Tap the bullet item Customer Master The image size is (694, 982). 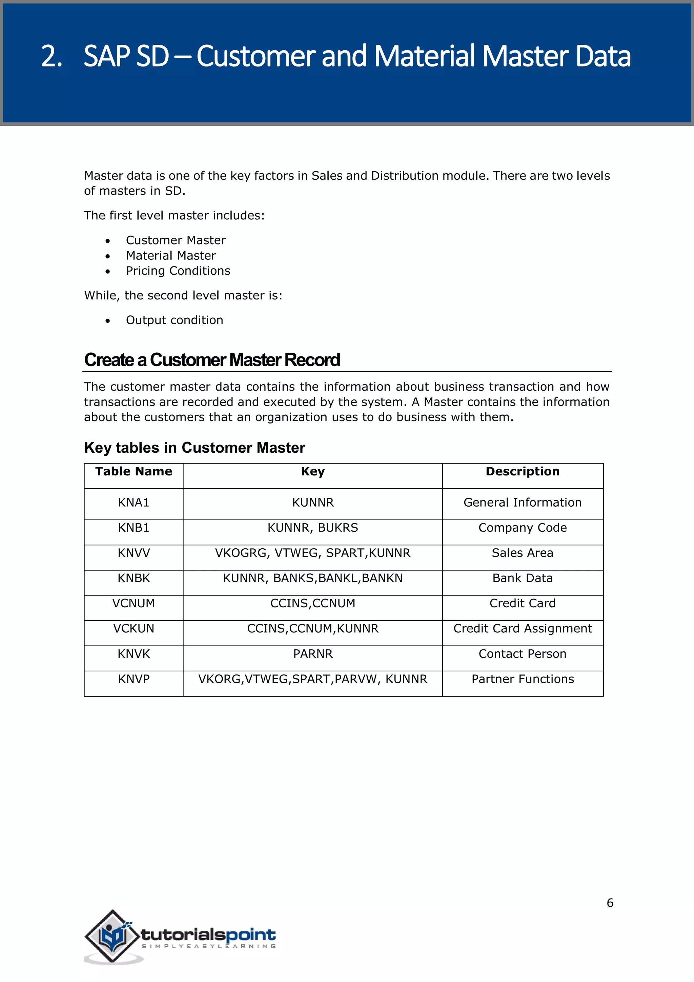tap(176, 240)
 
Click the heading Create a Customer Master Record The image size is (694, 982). tap(212, 360)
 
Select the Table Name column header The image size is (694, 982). tap(134, 471)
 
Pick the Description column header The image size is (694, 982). tap(522, 471)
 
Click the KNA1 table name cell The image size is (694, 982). tap(134, 503)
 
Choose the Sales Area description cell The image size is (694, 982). tap(522, 553)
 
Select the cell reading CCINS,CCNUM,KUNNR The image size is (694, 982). tap(312, 629)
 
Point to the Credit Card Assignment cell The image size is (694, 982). tap(522, 629)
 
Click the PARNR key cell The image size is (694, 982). tap(312, 654)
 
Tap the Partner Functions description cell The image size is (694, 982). tap(522, 679)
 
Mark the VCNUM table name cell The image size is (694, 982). tap(134, 604)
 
